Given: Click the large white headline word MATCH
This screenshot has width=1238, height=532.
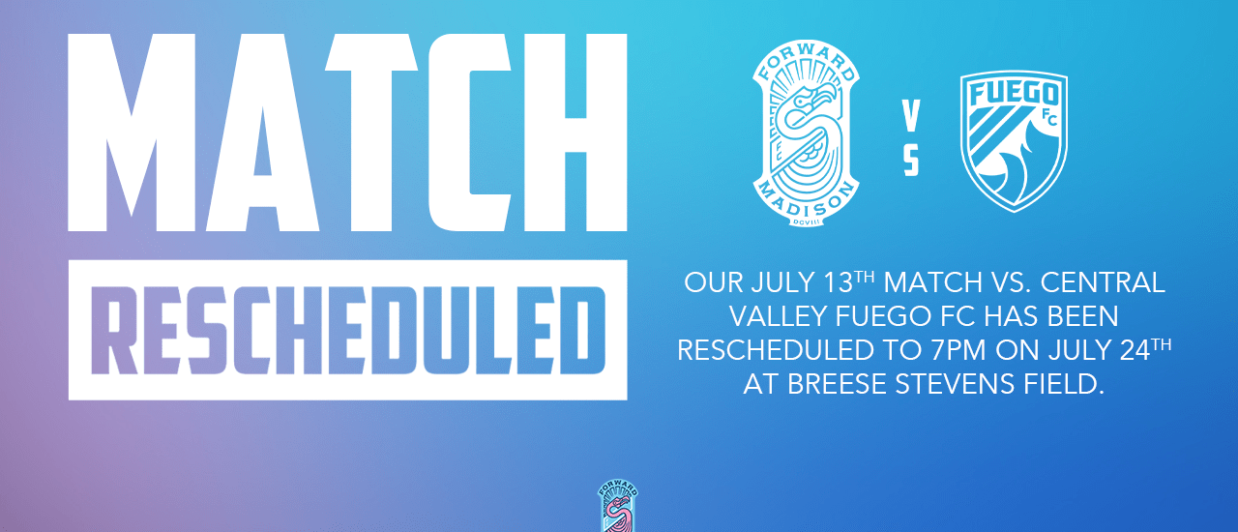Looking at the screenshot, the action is [x=347, y=133].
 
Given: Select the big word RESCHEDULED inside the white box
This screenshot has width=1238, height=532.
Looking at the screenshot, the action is [x=348, y=331].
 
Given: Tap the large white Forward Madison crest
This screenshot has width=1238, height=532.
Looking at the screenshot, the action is [x=806, y=133].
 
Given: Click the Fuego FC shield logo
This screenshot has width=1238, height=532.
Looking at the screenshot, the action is [x=1015, y=141].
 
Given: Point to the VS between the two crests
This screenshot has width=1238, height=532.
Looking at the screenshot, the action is [x=911, y=137].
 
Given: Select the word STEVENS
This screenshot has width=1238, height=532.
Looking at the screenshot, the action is [x=955, y=384].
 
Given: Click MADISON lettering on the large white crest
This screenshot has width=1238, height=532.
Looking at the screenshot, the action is [x=806, y=203].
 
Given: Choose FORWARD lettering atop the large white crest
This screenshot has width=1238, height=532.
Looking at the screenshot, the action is [x=806, y=62].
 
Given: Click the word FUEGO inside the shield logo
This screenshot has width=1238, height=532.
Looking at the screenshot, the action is [x=1015, y=94].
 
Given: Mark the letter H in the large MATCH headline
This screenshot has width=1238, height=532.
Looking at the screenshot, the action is [x=575, y=133].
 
